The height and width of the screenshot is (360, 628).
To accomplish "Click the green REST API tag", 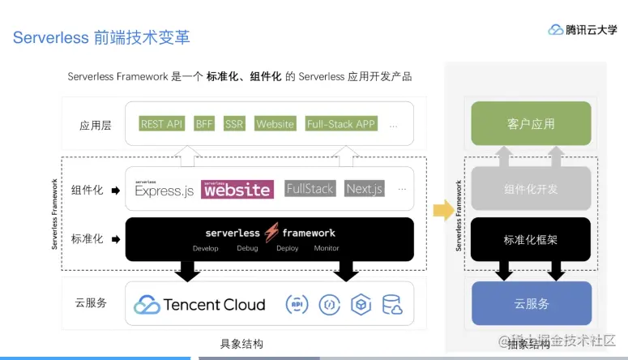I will pos(162,124).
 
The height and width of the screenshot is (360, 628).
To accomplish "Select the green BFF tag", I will pos(203,124).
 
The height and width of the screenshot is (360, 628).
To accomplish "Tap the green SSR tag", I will pos(234,124).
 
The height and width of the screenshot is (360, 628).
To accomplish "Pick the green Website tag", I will pos(275,124).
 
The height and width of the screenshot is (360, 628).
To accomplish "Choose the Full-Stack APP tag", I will pos(341,124).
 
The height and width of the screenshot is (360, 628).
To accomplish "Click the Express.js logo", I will pos(164,189).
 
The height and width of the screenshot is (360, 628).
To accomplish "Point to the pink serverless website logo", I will pos(237,189).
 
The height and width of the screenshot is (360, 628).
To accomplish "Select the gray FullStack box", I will pos(310,189).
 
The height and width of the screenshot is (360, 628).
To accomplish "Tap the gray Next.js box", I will pos(365,189).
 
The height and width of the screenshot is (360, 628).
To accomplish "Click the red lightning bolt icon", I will pos(271,232).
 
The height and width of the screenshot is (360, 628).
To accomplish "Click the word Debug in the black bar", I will pos(247,248).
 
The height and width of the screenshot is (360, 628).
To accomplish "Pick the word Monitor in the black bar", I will pos(327,248).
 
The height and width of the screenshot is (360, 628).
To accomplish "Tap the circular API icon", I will pos(297,305).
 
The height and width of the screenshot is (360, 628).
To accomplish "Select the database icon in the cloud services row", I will pos(392,305).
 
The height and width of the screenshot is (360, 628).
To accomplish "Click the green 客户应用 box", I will pos(531,124).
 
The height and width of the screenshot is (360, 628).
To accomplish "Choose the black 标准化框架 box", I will pos(531,240).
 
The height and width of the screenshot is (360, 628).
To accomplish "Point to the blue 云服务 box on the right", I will pos(531,303).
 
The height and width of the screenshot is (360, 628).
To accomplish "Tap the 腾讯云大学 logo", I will pos(583,29).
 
